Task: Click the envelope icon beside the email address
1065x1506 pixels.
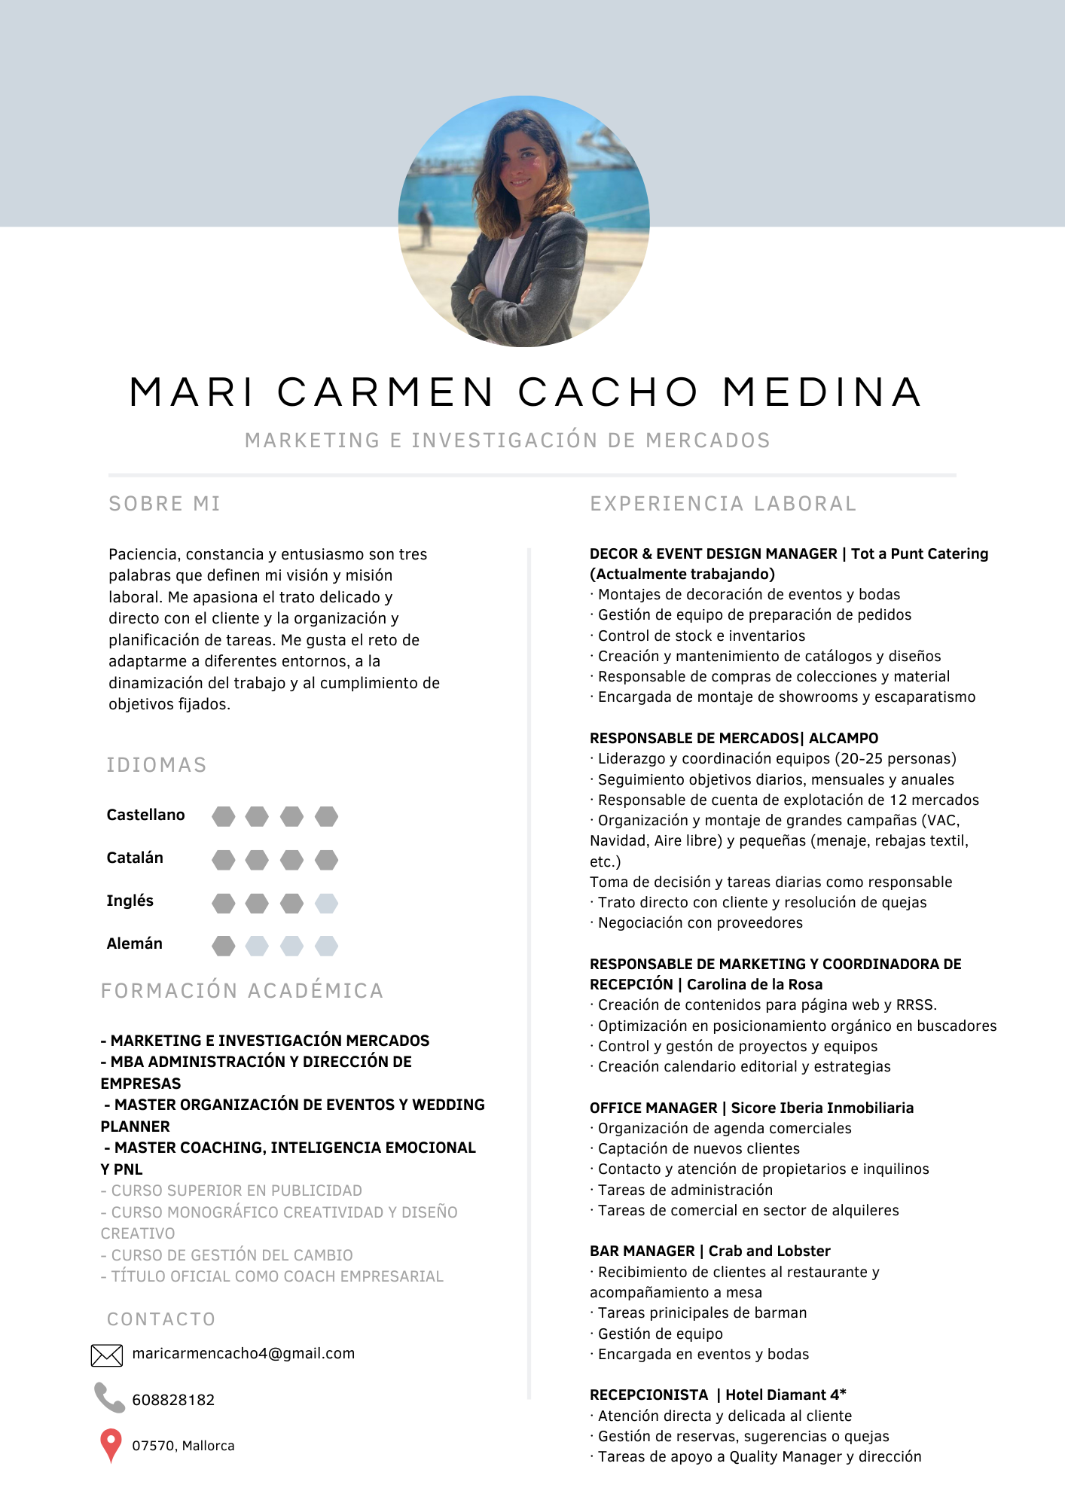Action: point(106,1355)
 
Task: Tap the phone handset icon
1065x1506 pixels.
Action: point(109,1398)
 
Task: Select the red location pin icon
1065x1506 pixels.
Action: point(111,1444)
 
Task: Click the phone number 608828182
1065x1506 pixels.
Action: point(173,1400)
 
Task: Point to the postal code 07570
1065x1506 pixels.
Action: point(154,1446)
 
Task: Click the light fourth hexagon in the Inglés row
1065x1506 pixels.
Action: point(326,903)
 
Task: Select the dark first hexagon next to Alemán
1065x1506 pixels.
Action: point(223,946)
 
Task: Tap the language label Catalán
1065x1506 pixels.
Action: point(135,858)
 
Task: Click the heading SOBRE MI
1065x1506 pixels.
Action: point(164,504)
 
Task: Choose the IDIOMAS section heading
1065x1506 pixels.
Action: point(157,765)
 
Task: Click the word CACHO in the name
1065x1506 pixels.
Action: point(609,392)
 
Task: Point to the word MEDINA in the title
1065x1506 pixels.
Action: point(822,392)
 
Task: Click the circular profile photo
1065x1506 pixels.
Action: point(523,221)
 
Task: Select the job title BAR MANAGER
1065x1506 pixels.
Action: point(642,1251)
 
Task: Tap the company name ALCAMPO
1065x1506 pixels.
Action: point(844,738)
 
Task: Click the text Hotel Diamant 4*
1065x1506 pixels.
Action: point(786,1395)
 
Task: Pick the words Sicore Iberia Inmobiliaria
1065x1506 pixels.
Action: point(822,1108)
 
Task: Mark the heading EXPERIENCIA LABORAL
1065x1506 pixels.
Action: point(723,504)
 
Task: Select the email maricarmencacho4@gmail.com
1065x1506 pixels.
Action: point(243,1353)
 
